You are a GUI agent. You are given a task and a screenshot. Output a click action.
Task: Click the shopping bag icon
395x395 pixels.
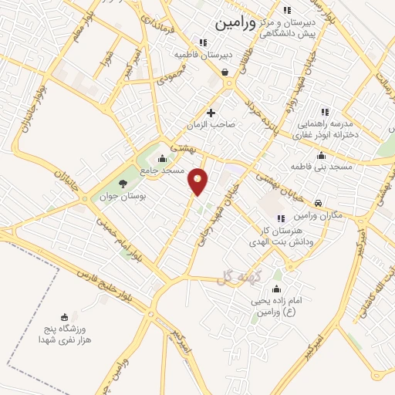tap(225, 73)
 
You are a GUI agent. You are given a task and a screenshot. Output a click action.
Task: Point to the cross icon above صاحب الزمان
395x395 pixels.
tap(210, 113)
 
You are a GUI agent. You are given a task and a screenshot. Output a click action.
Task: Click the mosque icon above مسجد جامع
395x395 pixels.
tap(161, 159)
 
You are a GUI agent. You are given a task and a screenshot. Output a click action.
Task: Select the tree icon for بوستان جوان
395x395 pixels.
tap(123, 183)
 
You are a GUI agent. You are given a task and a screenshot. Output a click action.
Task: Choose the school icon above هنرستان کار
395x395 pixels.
tap(280, 218)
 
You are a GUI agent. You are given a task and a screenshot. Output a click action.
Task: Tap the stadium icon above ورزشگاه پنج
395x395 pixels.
tap(64, 317)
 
